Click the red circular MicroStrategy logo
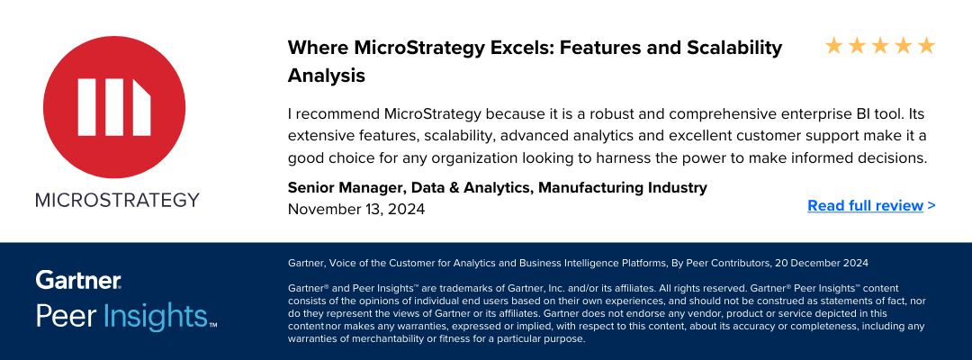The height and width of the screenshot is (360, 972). pyautogui.click(x=113, y=107)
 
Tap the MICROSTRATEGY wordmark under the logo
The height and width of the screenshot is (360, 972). pyautogui.click(x=117, y=200)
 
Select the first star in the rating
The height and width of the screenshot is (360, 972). pyautogui.click(x=834, y=45)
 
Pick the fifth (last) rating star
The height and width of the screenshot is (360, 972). pyautogui.click(x=926, y=45)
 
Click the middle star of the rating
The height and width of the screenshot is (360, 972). pyautogui.click(x=880, y=45)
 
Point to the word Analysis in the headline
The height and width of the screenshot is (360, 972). pyautogui.click(x=327, y=76)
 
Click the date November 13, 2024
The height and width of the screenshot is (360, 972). pyautogui.click(x=356, y=210)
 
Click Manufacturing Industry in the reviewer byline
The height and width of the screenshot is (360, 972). pyautogui.click(x=623, y=187)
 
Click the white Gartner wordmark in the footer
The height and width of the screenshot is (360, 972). pyautogui.click(x=78, y=279)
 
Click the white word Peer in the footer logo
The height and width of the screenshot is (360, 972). pyautogui.click(x=66, y=316)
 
